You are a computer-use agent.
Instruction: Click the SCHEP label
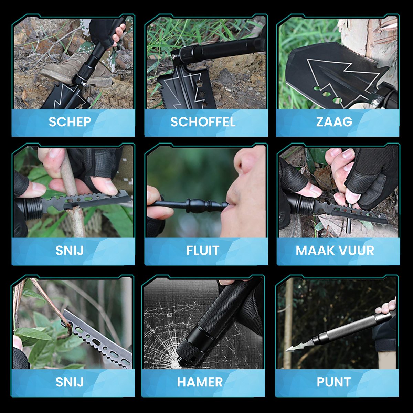(x=70, y=122)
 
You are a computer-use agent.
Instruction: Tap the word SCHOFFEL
(x=203, y=122)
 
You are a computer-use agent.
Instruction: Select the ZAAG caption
(x=334, y=122)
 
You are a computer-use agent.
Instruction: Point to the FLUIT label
(x=203, y=250)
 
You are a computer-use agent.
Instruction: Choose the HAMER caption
(x=200, y=382)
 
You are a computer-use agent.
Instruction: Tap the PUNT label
(x=333, y=382)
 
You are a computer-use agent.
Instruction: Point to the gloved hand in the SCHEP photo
(x=107, y=31)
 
